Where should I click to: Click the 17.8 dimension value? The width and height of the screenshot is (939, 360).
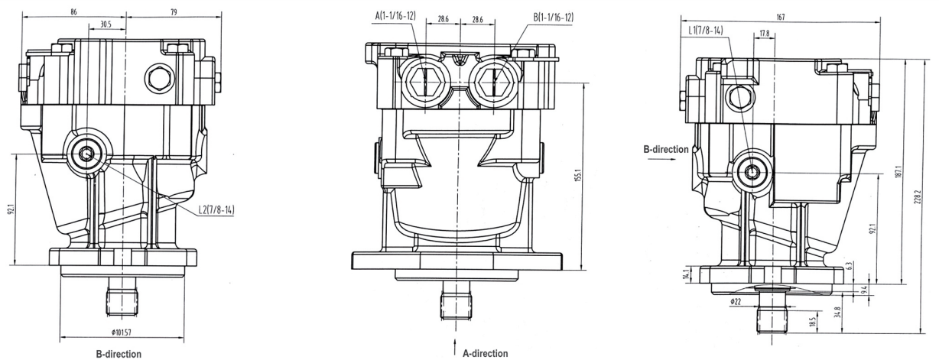[x=764, y=34]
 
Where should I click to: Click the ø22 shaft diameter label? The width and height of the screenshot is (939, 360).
[x=735, y=302]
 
